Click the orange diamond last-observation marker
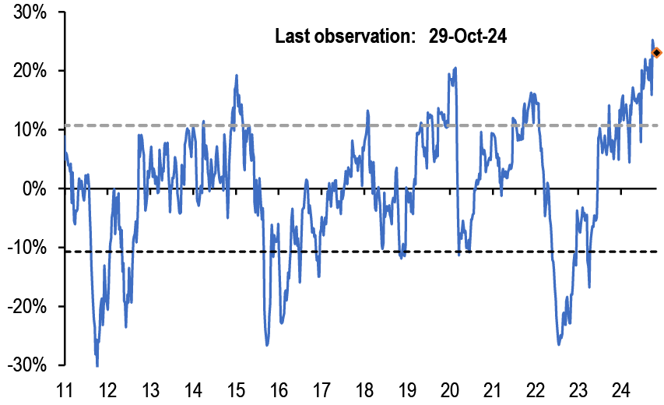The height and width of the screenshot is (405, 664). [x=656, y=53]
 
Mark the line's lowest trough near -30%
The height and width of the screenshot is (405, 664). [x=97, y=364]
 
